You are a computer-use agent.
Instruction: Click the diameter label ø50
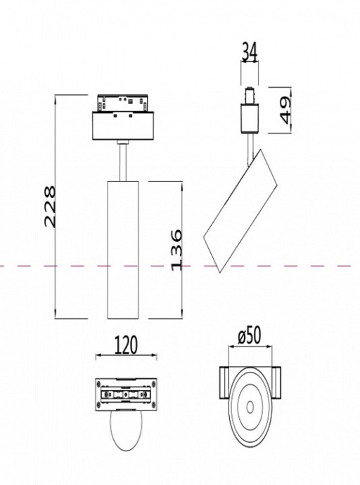[249, 336]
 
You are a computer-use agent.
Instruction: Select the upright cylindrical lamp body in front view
[124, 250]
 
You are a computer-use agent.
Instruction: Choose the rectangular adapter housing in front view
[124, 127]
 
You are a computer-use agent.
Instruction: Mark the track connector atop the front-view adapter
[124, 103]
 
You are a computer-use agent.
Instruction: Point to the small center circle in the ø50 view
[249, 407]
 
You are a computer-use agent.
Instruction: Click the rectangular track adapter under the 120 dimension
[124, 394]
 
